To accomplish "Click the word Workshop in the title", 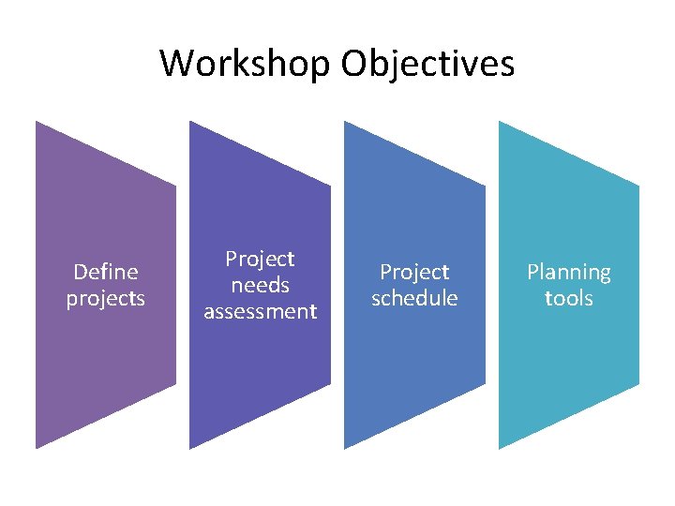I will (246, 64).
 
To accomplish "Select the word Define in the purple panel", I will (105, 272).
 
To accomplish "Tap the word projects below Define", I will (105, 299).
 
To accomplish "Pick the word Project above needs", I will (260, 259).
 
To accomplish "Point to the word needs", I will (260, 285).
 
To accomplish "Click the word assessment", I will (260, 311).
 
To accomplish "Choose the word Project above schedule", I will (414, 272).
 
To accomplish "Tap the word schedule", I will (414, 299).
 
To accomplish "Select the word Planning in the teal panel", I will (568, 272).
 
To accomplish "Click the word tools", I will (568, 299).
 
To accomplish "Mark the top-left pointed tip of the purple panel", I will (37, 122).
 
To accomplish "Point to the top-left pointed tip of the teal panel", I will (499, 122).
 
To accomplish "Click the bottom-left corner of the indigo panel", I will (190, 449).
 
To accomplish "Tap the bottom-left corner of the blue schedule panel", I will (345, 449).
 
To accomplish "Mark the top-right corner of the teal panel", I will (638, 186).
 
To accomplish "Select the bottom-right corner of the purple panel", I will (175, 385).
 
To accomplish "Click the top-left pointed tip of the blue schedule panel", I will (345, 122).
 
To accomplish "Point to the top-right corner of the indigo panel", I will (330, 186).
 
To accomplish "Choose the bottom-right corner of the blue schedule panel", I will (485, 385).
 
